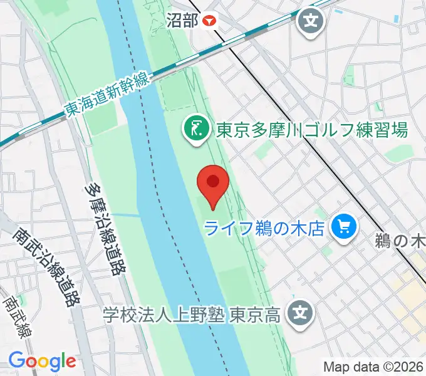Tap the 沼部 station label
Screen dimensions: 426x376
point(182,20)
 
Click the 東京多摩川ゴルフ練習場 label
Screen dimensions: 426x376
point(312,130)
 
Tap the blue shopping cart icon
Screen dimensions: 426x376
point(344,225)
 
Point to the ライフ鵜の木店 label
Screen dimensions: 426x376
point(266,227)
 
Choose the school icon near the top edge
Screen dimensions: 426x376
point(310,22)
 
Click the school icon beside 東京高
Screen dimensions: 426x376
point(301,311)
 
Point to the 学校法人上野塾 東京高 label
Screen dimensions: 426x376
point(192,312)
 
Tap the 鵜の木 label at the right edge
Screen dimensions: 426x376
point(401,240)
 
